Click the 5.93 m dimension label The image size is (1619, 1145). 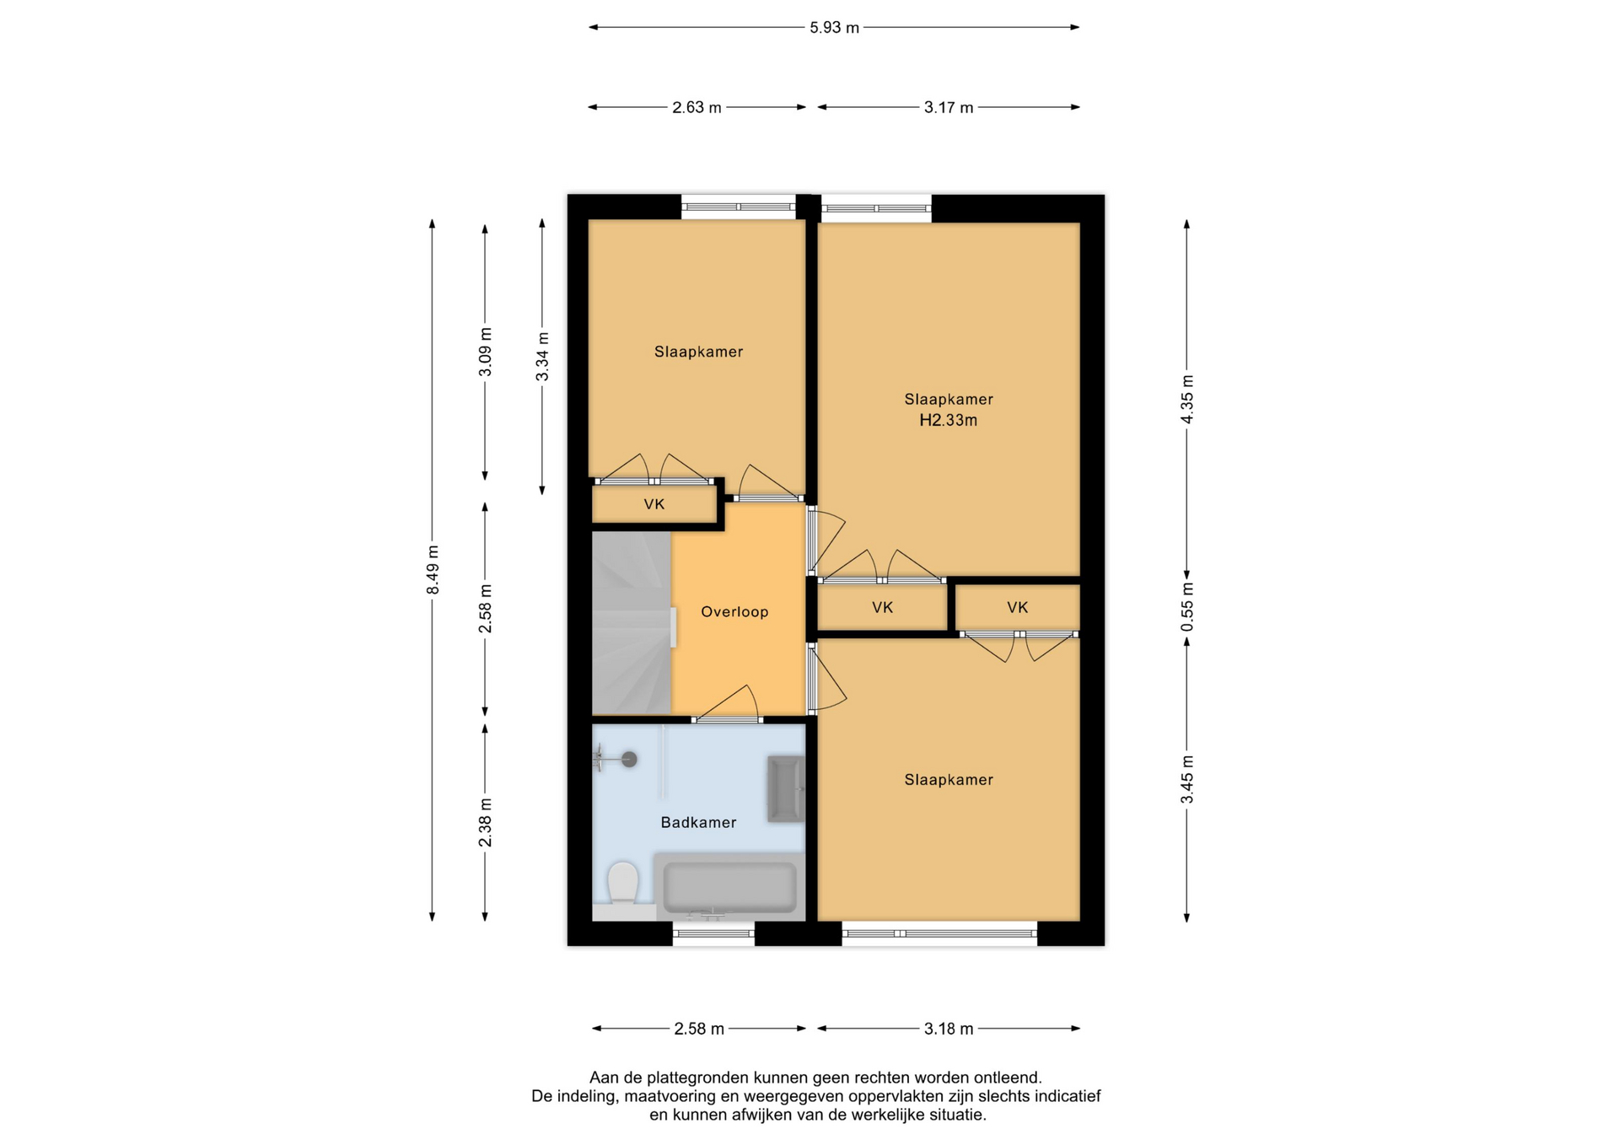point(834,28)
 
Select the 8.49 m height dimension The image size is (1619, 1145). point(433,570)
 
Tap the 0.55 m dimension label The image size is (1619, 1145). point(1187,607)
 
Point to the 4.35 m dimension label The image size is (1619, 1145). point(1187,399)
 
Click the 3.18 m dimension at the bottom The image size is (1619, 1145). point(949,1029)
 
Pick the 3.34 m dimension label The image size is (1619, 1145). point(542,357)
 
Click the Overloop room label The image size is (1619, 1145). point(734,612)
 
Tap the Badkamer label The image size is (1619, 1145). point(698,822)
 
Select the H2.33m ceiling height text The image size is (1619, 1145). point(949,420)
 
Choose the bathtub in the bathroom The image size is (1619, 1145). point(729,887)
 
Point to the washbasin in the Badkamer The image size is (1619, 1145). point(785,789)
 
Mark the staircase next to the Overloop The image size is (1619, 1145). point(632,623)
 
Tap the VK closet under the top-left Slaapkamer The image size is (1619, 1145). point(654,504)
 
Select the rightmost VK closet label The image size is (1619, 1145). point(1018,607)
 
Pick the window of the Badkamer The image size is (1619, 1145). point(713,933)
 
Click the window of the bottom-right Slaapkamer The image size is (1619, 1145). point(939,933)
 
